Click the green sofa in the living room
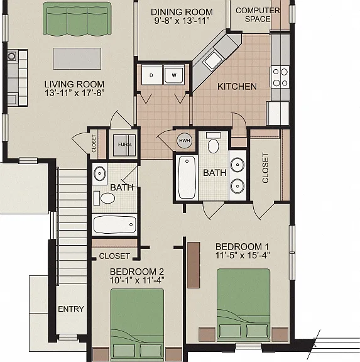click(77, 19)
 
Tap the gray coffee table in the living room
click(77, 58)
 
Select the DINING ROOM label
click(182, 12)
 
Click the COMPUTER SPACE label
click(258, 14)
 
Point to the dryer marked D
click(152, 75)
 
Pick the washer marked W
click(174, 75)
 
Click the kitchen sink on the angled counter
click(212, 60)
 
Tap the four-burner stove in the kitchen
click(280, 77)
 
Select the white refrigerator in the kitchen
click(278, 113)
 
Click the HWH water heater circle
click(184, 140)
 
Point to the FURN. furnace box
click(124, 145)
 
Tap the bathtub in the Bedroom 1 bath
click(187, 177)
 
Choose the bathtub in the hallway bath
click(115, 224)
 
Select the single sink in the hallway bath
click(99, 173)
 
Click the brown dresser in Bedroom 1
click(194, 265)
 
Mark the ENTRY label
click(71, 309)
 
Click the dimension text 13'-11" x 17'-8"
click(75, 93)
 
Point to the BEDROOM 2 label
click(137, 271)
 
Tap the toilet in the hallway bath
click(104, 198)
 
